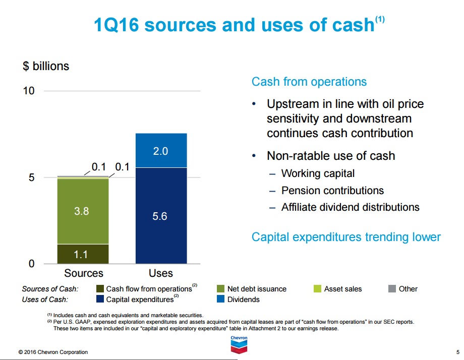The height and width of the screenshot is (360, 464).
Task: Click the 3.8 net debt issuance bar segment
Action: (x=83, y=211)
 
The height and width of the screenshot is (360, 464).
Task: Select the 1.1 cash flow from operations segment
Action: (x=83, y=254)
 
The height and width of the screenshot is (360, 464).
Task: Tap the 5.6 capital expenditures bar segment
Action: (x=161, y=216)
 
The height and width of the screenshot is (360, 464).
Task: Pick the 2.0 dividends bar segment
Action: (x=161, y=151)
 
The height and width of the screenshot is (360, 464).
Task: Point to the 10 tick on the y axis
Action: (x=29, y=91)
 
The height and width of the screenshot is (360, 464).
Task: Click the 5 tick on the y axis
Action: (x=32, y=177)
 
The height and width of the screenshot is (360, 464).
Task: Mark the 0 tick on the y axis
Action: (x=32, y=264)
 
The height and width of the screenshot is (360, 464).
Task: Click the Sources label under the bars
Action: (x=84, y=273)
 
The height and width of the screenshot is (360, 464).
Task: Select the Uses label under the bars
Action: (x=161, y=273)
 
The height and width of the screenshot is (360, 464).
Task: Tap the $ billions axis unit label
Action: (x=46, y=66)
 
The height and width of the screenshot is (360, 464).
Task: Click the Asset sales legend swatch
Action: (x=317, y=289)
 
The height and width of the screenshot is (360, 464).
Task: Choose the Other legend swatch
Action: (x=392, y=289)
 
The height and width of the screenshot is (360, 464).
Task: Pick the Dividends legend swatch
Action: (x=220, y=299)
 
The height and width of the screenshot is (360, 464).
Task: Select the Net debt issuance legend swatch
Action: (x=220, y=289)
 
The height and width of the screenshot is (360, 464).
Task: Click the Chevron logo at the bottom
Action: (x=239, y=344)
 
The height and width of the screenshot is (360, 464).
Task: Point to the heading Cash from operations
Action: (x=309, y=82)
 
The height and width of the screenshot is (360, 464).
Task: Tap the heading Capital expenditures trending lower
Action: (x=346, y=237)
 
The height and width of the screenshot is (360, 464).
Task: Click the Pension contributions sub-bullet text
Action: (x=332, y=191)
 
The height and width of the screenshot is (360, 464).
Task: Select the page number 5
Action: (x=458, y=352)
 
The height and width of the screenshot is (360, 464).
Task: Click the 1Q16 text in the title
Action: (x=117, y=25)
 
